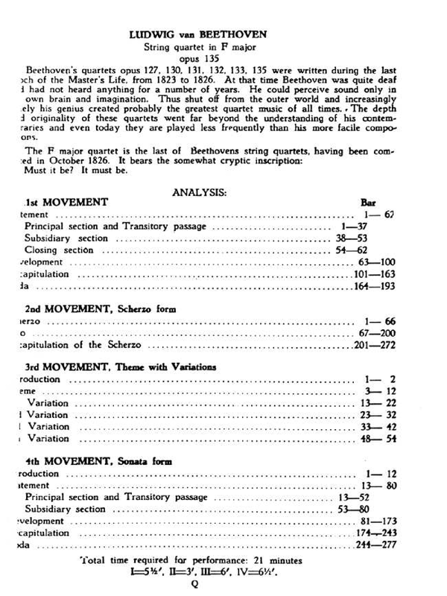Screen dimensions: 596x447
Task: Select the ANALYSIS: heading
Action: [x=200, y=191]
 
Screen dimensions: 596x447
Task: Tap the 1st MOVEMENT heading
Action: [x=67, y=203]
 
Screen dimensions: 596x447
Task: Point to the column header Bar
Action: [x=369, y=203]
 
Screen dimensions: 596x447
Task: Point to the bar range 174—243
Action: [x=379, y=533]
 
